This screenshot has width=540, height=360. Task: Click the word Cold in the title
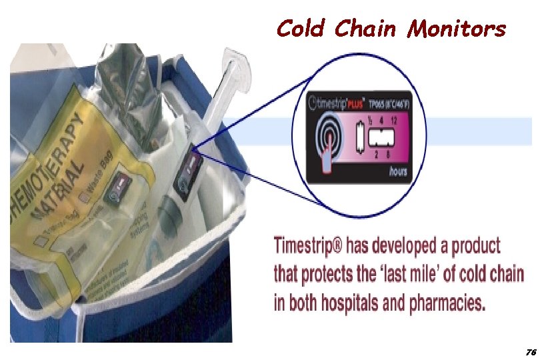pos(301,29)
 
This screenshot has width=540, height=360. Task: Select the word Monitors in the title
pos(457,29)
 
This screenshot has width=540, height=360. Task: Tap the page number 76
pos(531,351)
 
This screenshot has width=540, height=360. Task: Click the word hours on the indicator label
pos(398,171)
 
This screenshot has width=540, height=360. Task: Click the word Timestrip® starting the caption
pos(306,246)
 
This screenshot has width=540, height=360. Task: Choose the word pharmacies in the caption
pos(447,303)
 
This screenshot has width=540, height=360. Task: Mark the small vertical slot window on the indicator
pos(360,138)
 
